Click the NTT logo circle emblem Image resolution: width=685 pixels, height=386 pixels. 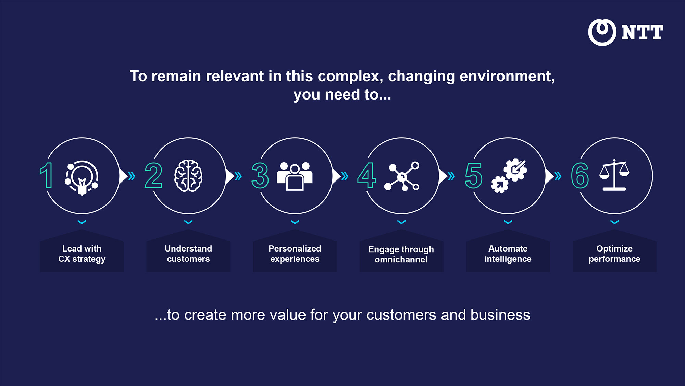pos(602,32)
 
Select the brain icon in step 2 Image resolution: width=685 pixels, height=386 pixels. pos(188,176)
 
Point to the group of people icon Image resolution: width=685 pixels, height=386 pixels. pos(295,176)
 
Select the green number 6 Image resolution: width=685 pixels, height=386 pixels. pos(580,176)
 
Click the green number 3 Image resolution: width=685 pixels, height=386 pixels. pos(260,176)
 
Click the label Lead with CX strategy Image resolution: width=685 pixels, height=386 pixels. pos(82,254)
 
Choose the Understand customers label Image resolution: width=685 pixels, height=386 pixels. pos(188,254)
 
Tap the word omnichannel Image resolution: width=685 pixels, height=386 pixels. pos(401,260)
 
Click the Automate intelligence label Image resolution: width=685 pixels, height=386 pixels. pos(508,254)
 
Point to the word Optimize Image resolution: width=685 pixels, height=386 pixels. pos(614,248)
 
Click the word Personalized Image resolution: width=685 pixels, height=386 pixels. pos(295,248)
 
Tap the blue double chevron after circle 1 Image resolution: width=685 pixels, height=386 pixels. pos(132,176)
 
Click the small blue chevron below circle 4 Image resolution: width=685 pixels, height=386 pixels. pos(401,222)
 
